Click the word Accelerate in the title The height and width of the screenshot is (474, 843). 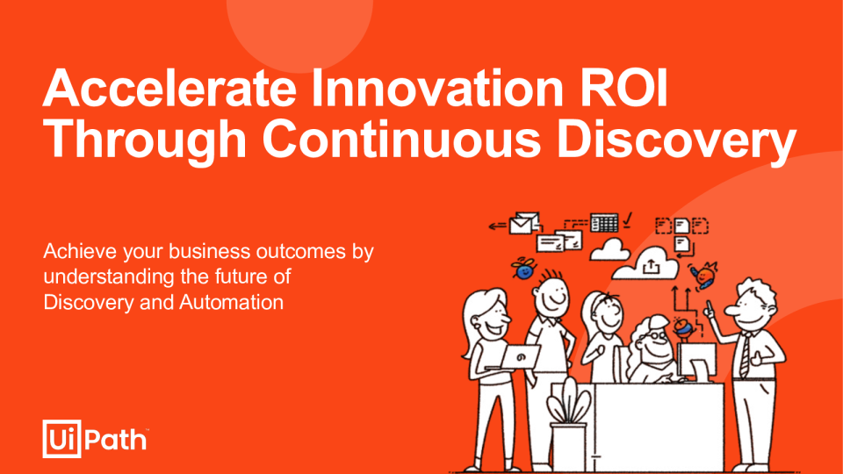point(169,88)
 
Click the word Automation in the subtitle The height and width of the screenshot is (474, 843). point(231,302)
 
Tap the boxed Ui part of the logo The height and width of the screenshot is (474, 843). point(61,439)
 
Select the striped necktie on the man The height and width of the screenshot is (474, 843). point(746,355)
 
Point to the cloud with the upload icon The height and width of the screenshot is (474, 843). point(645,264)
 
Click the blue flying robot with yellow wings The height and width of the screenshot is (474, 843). point(523,269)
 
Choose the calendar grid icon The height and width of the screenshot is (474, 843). point(604,222)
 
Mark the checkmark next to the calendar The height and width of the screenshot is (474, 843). point(627,220)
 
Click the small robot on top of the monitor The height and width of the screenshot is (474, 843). point(682,327)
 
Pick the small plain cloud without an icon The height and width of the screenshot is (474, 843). point(609,250)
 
